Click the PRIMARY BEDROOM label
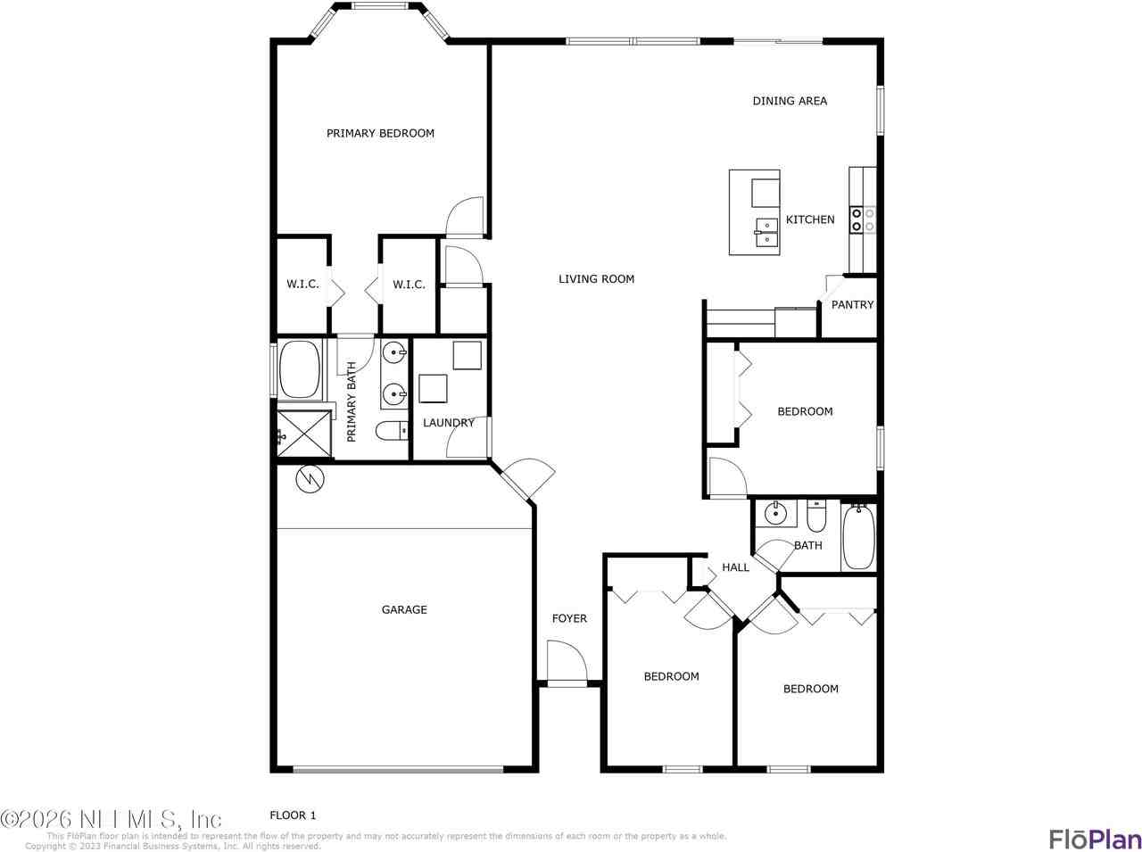(380, 134)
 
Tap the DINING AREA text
(790, 101)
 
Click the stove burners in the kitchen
(862, 219)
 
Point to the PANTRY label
(852, 305)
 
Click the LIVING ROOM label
(596, 279)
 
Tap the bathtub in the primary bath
(301, 369)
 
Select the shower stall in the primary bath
(302, 434)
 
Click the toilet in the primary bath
(391, 432)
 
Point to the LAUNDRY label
(448, 423)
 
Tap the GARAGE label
(404, 610)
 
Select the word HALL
(735, 567)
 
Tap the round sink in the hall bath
(775, 513)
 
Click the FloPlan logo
(1094, 840)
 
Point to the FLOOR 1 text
(293, 815)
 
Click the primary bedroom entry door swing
(465, 216)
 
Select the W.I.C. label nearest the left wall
(302, 285)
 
